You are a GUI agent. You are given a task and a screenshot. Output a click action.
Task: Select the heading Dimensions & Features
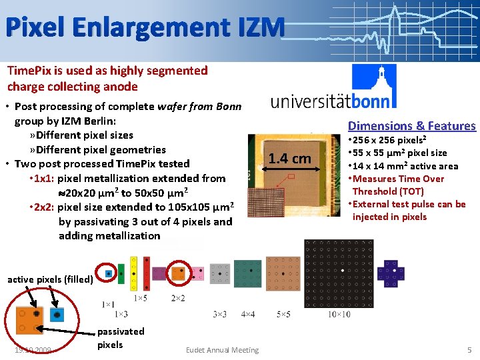coord(412,125)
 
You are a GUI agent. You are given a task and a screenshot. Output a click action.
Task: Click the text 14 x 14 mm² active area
coord(404,166)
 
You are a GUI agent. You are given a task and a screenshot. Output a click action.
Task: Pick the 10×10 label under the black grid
coord(340,314)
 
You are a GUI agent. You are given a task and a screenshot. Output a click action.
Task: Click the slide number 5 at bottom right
coord(469,349)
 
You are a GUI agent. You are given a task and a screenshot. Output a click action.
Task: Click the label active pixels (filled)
coord(50,279)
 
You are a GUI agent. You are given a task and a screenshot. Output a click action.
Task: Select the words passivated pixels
coord(120,338)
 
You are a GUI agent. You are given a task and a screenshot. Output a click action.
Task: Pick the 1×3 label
coord(121,314)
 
